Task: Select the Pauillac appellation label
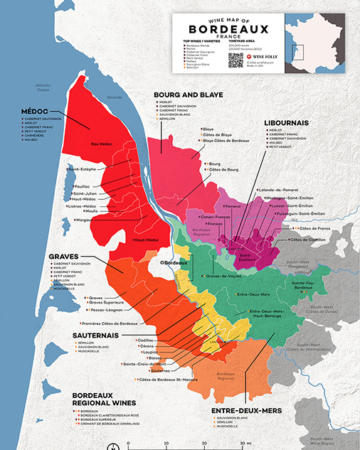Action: click(85, 186)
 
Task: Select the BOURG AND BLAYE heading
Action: click(189, 94)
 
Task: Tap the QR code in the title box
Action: click(235, 60)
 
